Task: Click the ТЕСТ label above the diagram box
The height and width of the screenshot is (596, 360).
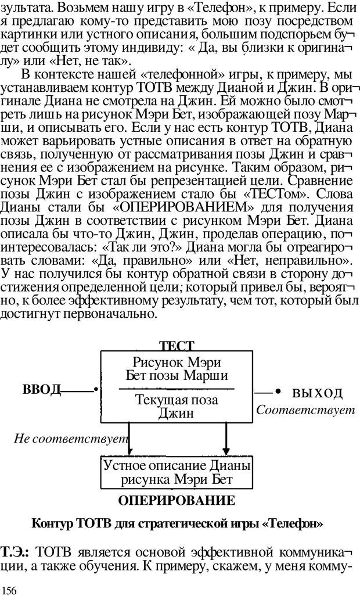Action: (177, 346)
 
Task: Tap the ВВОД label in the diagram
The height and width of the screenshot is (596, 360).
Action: (41, 389)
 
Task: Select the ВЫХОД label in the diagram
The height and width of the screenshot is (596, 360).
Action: (317, 393)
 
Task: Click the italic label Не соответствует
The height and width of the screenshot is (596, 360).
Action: (71, 439)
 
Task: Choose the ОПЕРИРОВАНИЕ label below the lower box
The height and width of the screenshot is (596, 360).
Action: (177, 500)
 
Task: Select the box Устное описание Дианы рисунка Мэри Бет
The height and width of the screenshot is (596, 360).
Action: (177, 472)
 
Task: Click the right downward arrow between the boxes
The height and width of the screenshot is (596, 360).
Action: (225, 441)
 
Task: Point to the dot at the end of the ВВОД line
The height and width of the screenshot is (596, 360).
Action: (96, 389)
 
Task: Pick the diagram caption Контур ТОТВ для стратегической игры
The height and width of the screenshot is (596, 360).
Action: (178, 523)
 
